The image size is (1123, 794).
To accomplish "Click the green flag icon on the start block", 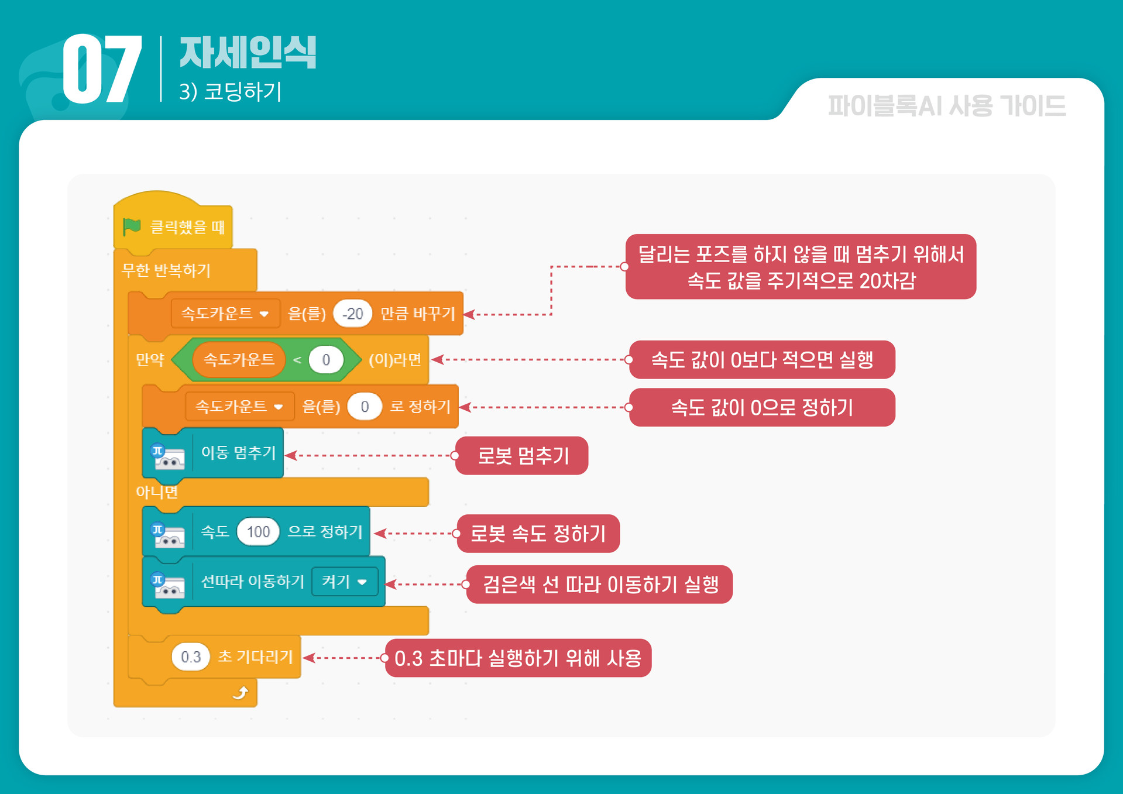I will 132,226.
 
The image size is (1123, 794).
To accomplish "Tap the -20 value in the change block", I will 353,314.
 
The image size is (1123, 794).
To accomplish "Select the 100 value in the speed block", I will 258,532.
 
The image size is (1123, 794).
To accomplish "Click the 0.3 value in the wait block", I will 191,657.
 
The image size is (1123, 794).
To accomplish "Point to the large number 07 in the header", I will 102,69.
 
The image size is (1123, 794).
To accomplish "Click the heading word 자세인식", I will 248,53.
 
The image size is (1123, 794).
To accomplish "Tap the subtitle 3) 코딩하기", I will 231,91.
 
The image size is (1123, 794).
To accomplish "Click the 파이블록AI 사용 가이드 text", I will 946,106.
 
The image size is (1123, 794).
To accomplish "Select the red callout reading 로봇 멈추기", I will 522,456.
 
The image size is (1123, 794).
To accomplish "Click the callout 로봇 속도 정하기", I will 538,534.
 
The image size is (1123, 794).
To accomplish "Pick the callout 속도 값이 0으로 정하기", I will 762,407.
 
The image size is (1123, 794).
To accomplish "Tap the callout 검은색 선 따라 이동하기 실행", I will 600,585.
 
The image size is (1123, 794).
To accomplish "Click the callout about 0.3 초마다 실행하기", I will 518,658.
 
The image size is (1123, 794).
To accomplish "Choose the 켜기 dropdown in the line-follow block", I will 344,582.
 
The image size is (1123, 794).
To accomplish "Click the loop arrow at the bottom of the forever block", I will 241,693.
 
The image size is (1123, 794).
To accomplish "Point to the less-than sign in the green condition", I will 297,360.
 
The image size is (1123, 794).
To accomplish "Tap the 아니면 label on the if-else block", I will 157,492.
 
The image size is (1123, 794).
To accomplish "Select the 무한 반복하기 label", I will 166,270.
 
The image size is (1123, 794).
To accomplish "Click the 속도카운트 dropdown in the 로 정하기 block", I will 239,407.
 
